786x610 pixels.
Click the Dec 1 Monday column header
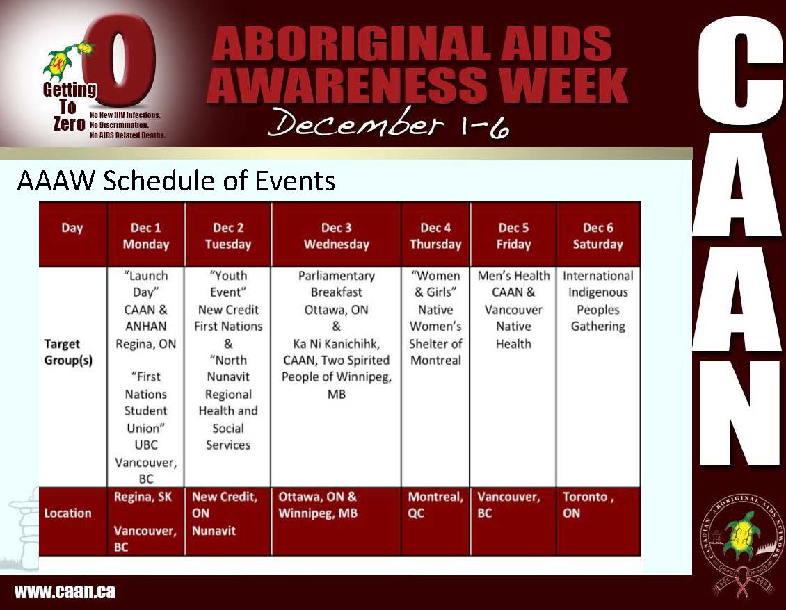(x=146, y=236)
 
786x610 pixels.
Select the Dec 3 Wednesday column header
(x=337, y=236)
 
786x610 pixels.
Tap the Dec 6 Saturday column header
(x=598, y=236)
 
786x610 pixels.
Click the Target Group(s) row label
(x=68, y=352)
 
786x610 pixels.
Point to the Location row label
(x=67, y=513)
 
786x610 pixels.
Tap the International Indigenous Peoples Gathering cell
(x=598, y=301)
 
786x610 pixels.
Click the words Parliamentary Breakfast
(x=337, y=284)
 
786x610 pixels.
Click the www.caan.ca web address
(x=65, y=591)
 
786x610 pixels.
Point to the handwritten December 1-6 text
(x=389, y=123)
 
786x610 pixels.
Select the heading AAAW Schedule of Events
(x=176, y=181)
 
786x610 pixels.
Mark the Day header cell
(x=72, y=228)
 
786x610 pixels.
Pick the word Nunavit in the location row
(x=214, y=530)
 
